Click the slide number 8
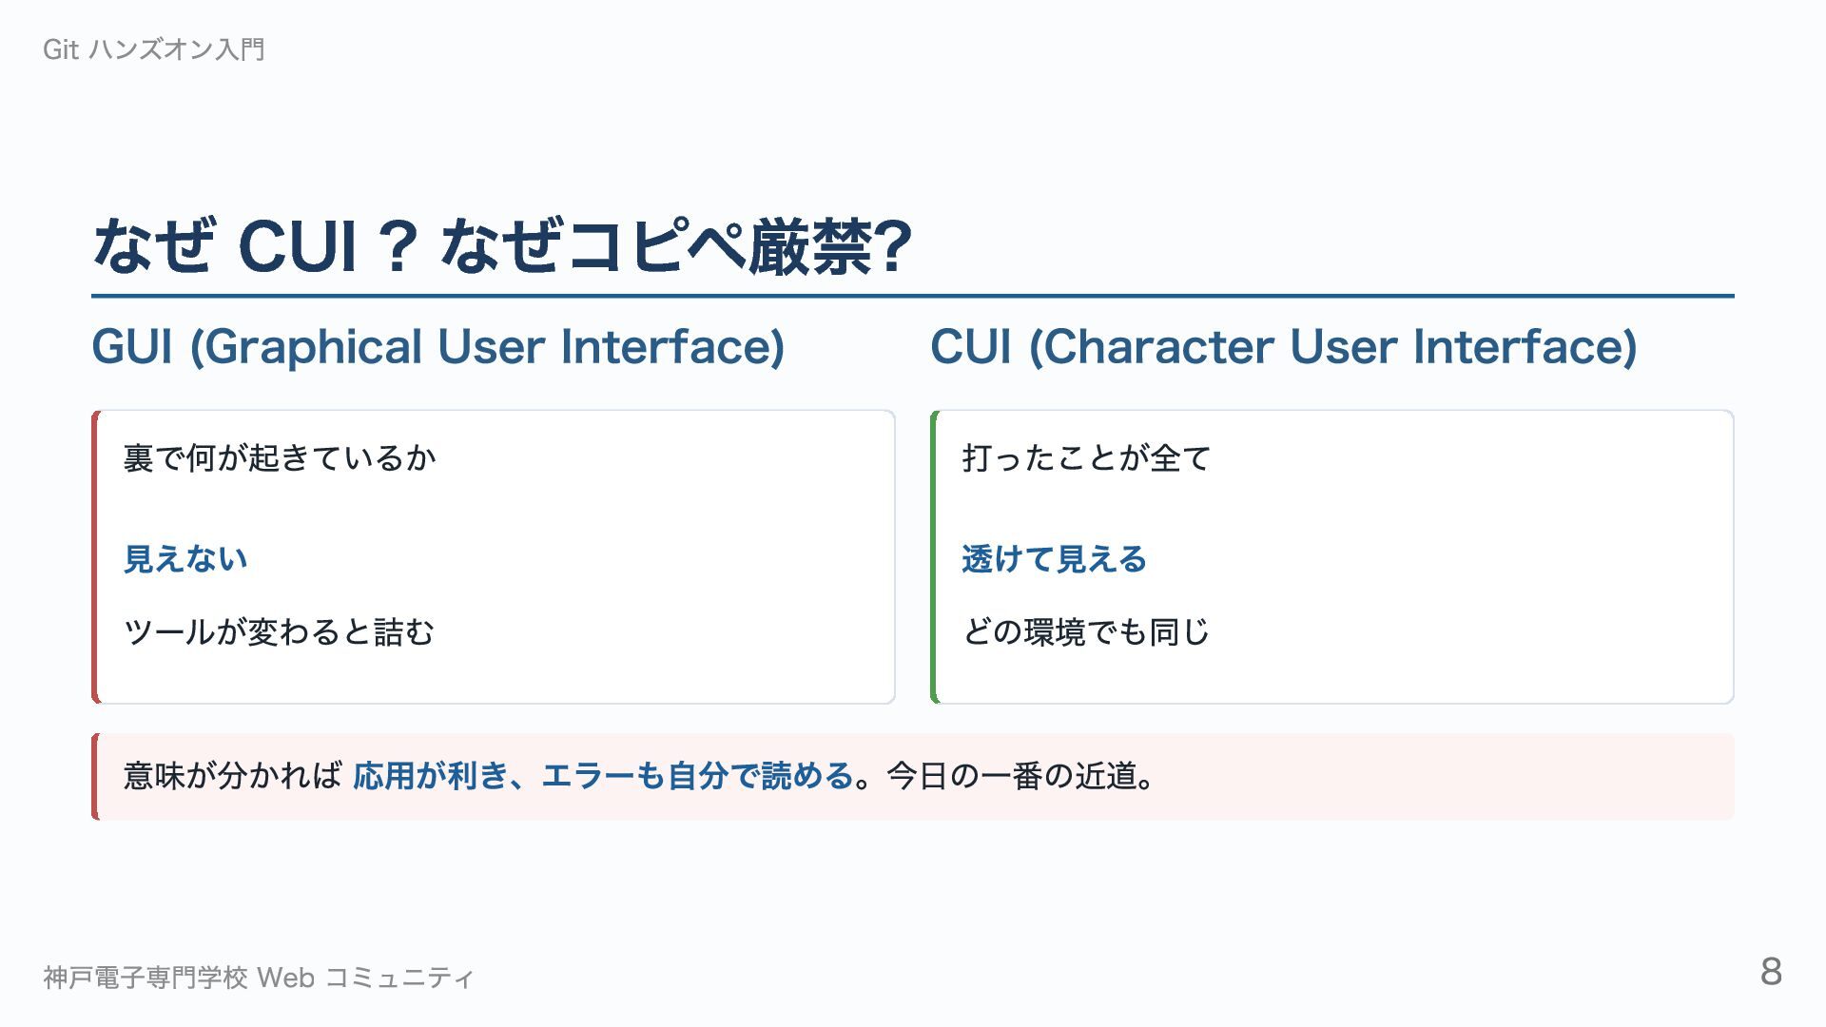[x=1771, y=972]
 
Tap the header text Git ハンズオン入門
[x=154, y=49]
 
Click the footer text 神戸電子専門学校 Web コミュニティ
[x=259, y=978]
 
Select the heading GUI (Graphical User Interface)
[x=438, y=347]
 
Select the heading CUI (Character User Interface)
[x=1284, y=347]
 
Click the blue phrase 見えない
[x=186, y=559]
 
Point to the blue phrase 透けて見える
[x=1055, y=559]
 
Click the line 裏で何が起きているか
[x=281, y=458]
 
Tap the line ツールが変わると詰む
[x=280, y=632]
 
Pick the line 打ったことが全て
[x=1087, y=458]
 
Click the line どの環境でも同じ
[x=1086, y=632]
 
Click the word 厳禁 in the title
[x=809, y=246]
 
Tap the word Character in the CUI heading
[x=1152, y=348]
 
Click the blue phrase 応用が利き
[x=431, y=777]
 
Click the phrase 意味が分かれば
[x=233, y=777]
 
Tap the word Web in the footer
[x=286, y=978]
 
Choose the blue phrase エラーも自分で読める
[x=697, y=777]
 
